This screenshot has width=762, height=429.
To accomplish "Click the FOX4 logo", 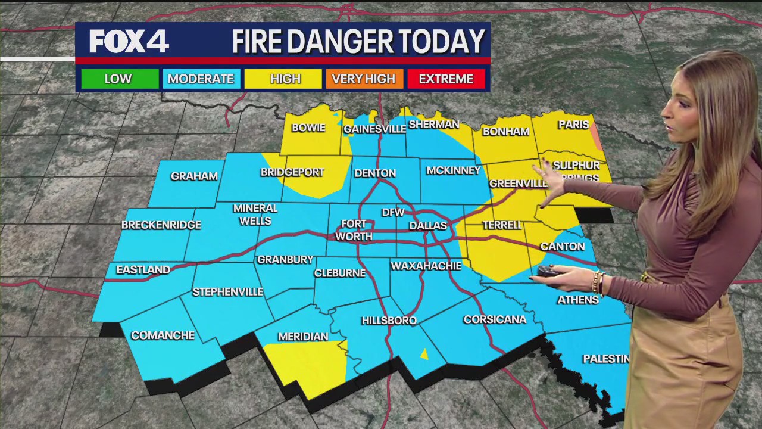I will (129, 41).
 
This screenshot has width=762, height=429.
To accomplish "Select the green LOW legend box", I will (118, 79).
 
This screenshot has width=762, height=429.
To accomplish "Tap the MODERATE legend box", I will (201, 79).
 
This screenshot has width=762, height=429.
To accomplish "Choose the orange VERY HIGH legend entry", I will (364, 79).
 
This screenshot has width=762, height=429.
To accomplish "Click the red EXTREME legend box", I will (446, 79).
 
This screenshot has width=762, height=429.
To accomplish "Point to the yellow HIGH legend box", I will (285, 79).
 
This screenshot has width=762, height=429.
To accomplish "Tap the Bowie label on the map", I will (308, 128).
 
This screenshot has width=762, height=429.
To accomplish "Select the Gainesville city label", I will (374, 129).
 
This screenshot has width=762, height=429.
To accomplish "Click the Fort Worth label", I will (354, 231).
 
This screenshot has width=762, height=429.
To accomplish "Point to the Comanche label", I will (163, 335).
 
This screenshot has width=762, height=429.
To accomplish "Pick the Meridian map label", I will (303, 337).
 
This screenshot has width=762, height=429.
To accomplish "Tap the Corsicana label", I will (495, 319).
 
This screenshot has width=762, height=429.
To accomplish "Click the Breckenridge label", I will (161, 225).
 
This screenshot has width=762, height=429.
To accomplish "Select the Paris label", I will (573, 125).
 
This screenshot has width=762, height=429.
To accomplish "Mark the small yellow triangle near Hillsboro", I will (424, 355).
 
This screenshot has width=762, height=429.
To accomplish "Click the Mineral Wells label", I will (255, 214).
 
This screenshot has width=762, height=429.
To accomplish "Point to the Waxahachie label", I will (426, 266).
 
